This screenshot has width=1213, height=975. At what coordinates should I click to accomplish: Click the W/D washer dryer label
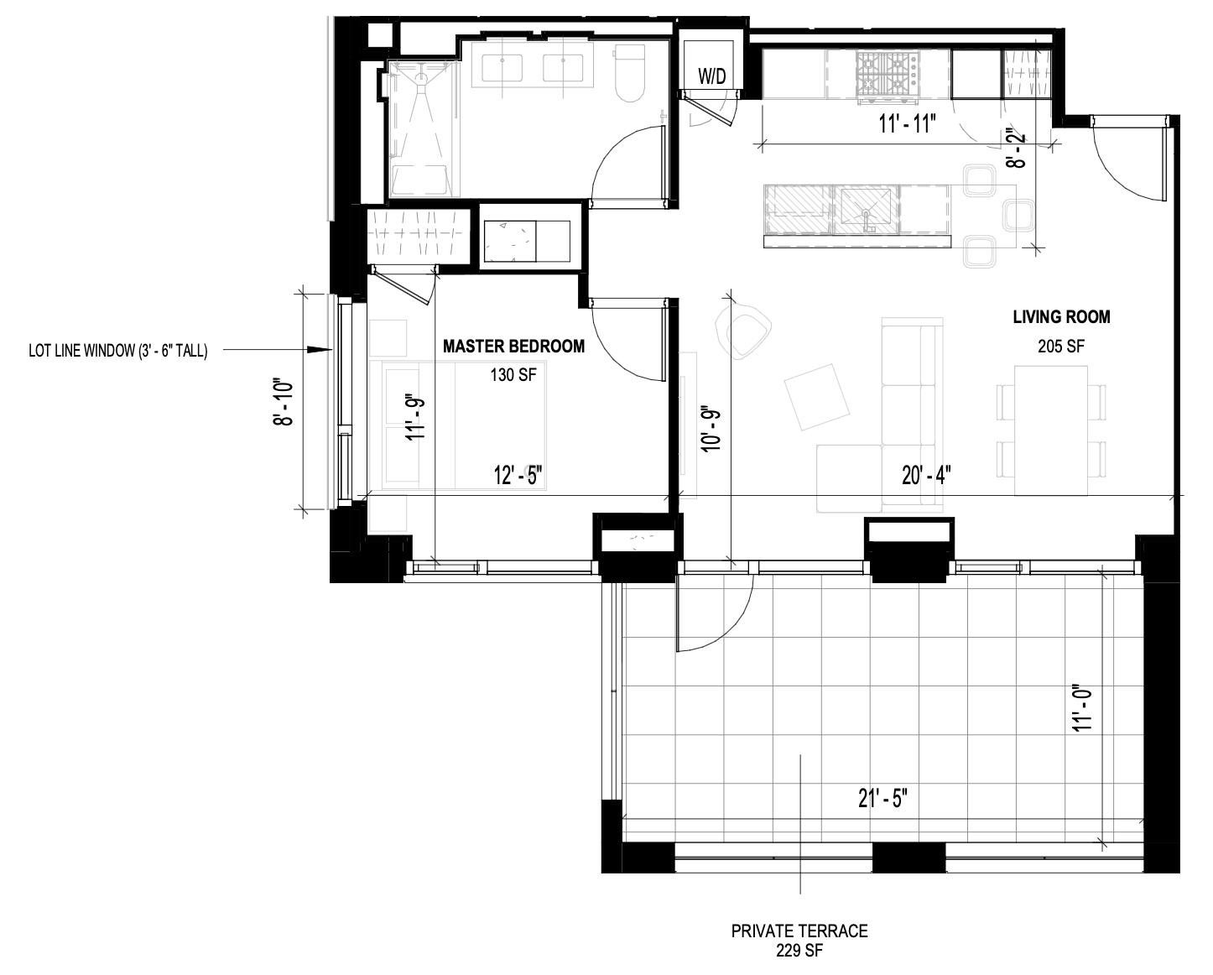coord(712,76)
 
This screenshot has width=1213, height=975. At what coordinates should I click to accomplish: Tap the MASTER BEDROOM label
coord(513,346)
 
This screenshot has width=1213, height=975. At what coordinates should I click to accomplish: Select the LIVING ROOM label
coord(1061,317)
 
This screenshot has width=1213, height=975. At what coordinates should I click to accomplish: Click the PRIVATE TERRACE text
coord(799,931)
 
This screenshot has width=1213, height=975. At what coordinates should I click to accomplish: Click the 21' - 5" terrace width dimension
coord(882,799)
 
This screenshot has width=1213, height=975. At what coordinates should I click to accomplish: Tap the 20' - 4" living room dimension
coord(926,476)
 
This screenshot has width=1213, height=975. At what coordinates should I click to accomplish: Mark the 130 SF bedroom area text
coord(513,375)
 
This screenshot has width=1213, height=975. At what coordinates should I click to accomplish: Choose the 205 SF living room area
coord(1061,346)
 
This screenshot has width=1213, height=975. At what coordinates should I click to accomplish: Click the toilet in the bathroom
coord(630,74)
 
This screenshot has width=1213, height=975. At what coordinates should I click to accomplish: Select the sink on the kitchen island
coord(866,210)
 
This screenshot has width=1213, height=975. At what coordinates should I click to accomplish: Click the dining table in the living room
coord(1050,430)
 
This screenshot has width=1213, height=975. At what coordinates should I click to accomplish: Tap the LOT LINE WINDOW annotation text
coord(117,351)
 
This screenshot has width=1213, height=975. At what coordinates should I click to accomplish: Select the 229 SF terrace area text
coord(799,951)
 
